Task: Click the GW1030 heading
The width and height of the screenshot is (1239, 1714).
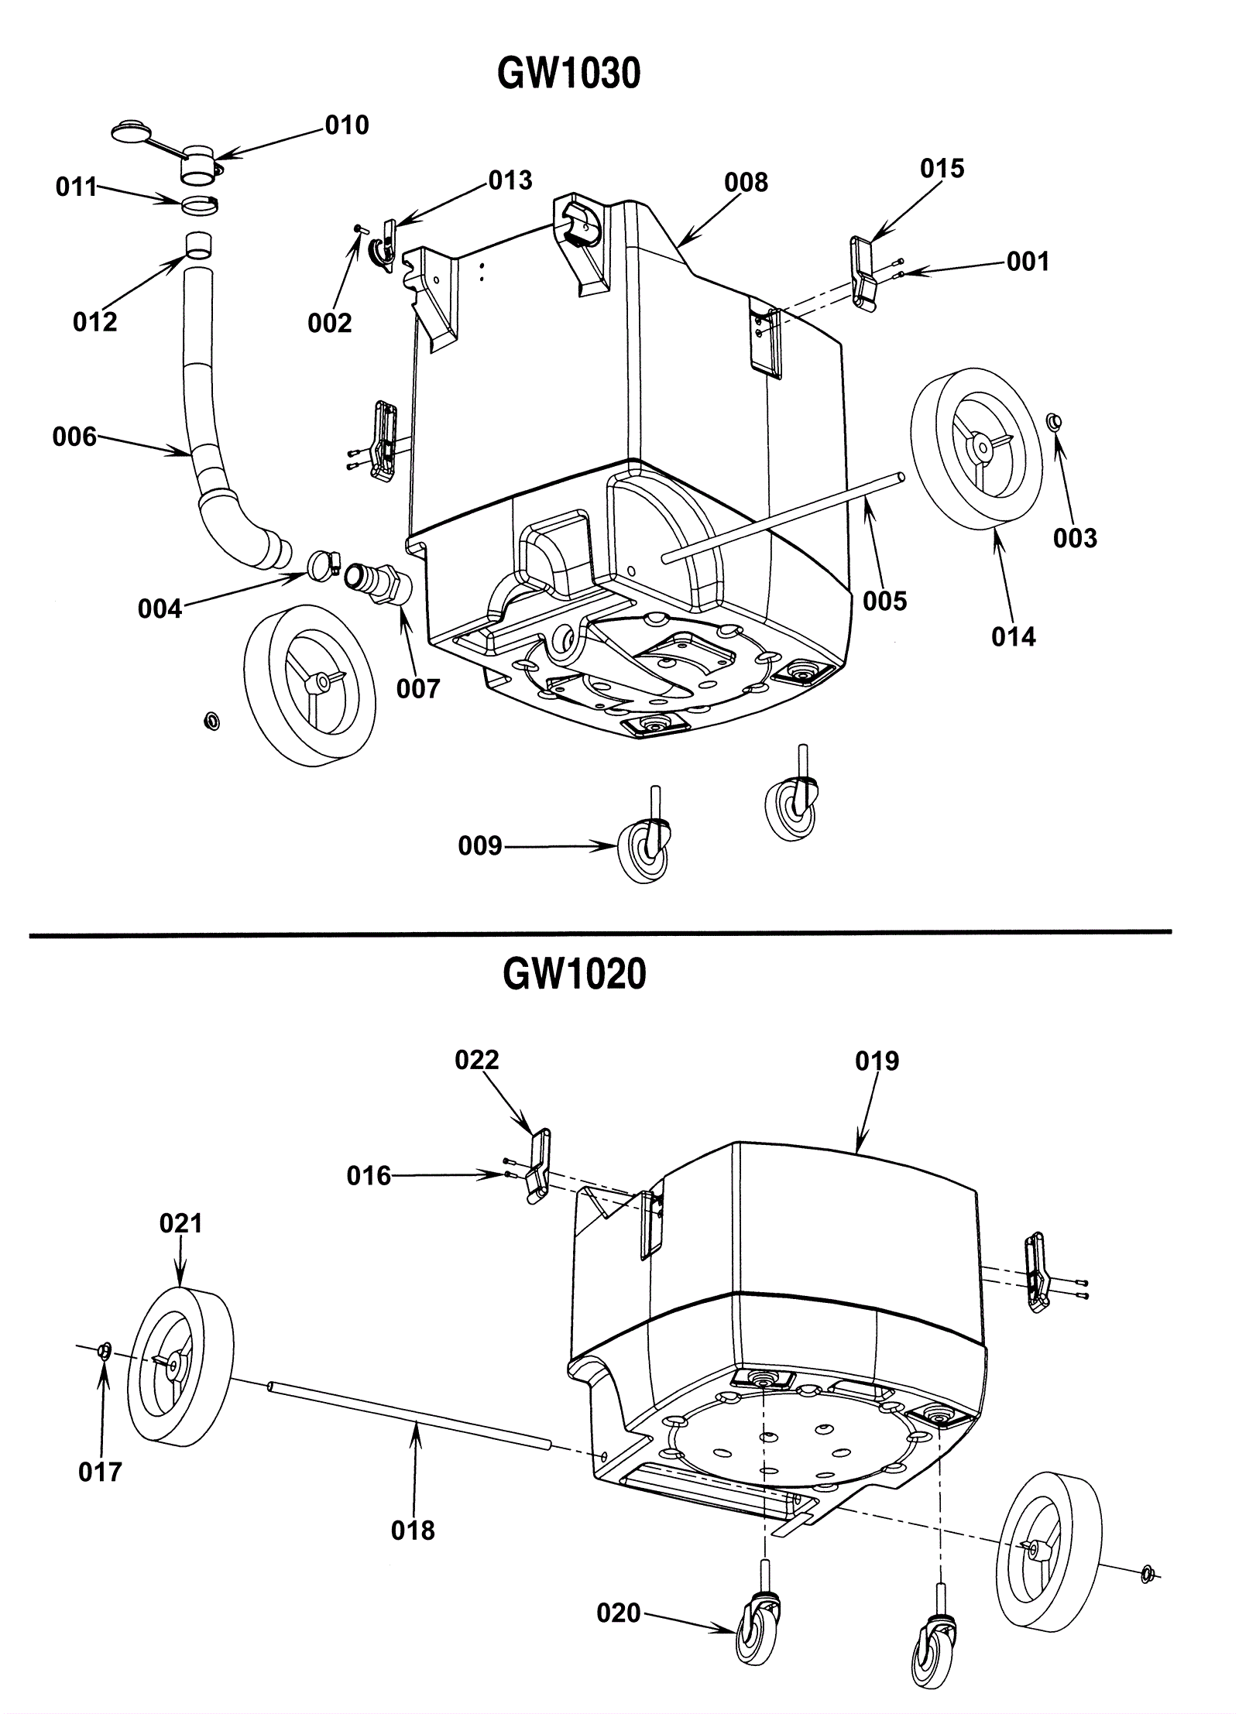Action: coord(568,75)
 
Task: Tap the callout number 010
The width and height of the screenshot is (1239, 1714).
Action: coord(347,125)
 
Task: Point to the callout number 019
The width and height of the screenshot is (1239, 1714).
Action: coord(877,1061)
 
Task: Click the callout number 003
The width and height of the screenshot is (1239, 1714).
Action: coord(1075,538)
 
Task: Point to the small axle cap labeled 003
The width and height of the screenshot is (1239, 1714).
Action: coord(1055,423)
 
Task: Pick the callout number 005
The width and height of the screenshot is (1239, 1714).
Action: coord(884,601)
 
